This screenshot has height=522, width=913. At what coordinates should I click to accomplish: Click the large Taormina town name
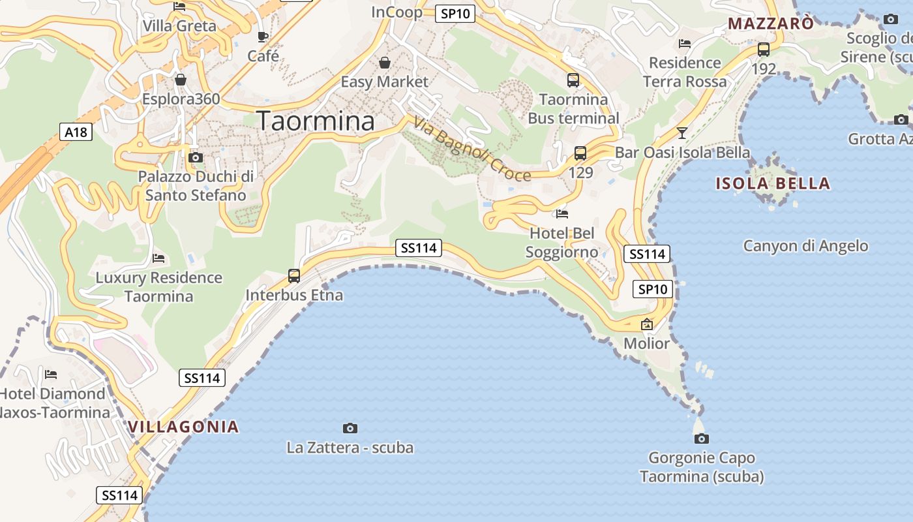click(x=316, y=121)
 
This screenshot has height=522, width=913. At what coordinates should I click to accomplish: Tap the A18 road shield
click(x=76, y=132)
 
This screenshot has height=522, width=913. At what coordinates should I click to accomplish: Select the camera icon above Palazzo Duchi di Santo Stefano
click(x=195, y=157)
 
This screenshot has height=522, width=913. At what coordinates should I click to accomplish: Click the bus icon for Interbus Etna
click(x=294, y=276)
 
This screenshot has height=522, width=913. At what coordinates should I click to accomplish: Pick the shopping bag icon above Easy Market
click(x=385, y=63)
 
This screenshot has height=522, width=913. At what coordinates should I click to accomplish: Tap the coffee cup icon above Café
click(x=263, y=37)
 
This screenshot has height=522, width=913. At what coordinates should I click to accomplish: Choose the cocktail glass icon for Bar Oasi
click(x=682, y=133)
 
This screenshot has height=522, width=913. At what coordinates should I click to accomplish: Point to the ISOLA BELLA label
click(x=773, y=183)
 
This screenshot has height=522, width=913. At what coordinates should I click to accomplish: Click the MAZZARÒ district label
click(x=771, y=24)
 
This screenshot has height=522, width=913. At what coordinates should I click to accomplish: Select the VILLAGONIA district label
click(x=183, y=427)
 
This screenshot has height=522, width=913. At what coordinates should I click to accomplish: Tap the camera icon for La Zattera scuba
click(x=350, y=428)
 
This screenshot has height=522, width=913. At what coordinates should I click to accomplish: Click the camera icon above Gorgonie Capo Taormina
click(x=702, y=438)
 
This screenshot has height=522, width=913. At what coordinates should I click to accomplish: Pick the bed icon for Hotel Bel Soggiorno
click(x=562, y=213)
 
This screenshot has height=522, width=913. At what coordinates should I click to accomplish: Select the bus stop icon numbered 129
click(x=580, y=153)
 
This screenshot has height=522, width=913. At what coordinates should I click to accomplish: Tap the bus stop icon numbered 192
click(x=764, y=49)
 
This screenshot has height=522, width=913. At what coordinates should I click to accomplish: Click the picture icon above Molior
click(x=647, y=324)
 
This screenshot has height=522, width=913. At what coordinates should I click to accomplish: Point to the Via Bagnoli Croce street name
click(x=472, y=149)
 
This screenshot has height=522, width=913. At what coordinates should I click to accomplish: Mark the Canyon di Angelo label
click(x=805, y=246)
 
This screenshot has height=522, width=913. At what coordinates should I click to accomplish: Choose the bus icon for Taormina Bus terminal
click(x=573, y=80)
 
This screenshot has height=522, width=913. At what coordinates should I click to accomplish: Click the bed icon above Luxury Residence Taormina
click(x=158, y=258)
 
